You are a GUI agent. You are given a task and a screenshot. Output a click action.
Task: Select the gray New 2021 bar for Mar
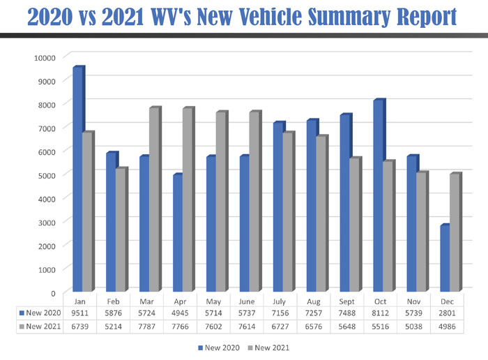click(153, 200)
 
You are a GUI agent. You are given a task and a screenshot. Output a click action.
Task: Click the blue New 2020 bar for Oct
click(378, 196)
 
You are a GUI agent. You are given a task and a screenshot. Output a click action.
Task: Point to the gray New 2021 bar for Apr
click(187, 200)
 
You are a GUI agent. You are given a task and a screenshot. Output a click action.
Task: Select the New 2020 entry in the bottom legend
click(222, 347)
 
